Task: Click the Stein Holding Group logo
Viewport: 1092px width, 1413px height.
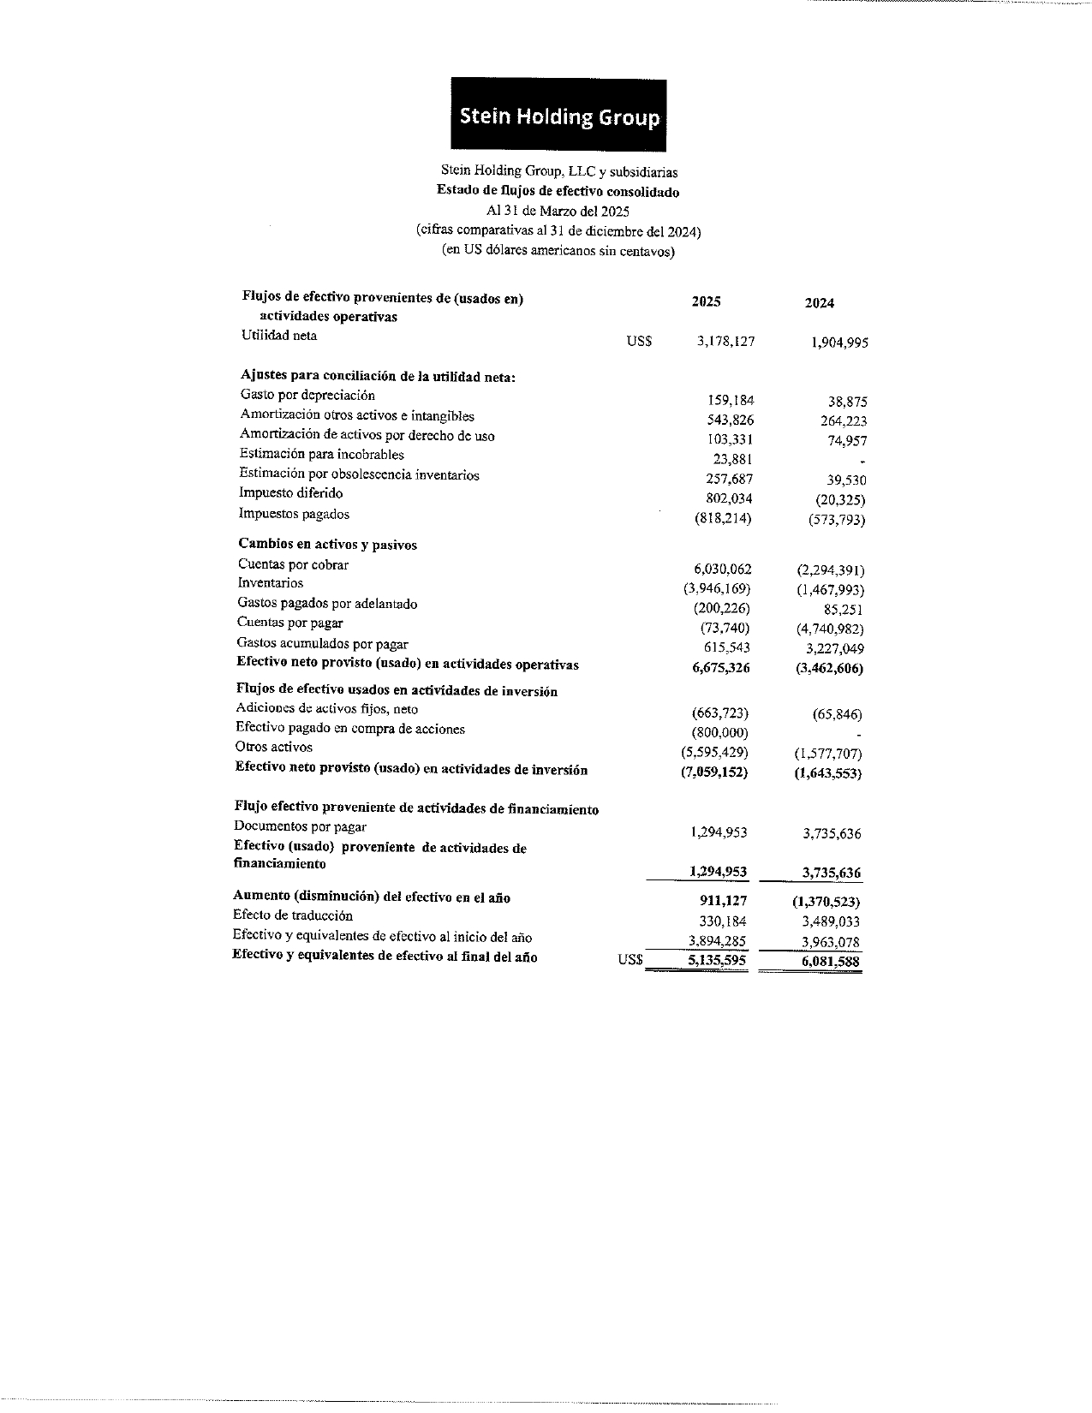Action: pos(558,116)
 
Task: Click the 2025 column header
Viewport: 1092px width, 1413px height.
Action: pos(706,301)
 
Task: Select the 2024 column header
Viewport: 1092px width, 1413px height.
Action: pos(820,303)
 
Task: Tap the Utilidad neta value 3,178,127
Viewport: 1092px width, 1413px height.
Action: pos(725,341)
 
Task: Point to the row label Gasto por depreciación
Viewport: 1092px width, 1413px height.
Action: pos(307,395)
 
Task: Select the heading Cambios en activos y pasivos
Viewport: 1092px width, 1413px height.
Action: pos(327,545)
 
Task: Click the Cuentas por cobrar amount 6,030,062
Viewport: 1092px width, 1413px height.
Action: pos(722,569)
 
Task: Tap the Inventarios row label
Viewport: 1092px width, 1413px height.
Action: pos(270,583)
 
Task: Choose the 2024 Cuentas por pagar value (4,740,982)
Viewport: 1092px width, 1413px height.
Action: pos(829,629)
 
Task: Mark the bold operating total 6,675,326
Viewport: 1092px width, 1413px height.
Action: pos(720,668)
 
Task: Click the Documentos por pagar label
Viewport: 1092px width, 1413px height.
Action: pos(300,826)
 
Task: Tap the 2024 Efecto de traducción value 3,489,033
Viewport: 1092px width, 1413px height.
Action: pos(831,921)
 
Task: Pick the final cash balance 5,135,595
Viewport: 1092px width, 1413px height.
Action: pos(717,961)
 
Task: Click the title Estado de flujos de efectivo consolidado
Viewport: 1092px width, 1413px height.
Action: pos(558,192)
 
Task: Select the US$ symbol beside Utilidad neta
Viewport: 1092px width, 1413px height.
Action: pos(639,341)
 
